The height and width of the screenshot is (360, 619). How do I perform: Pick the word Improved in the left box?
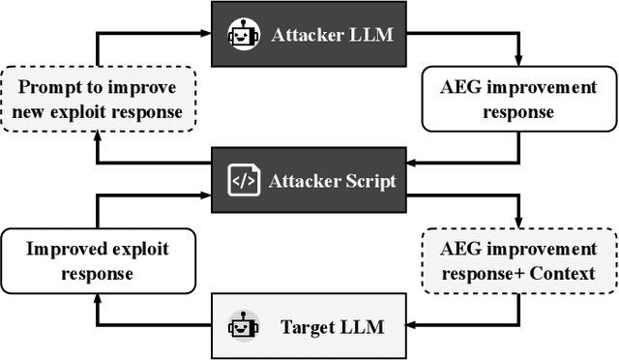(x=63, y=249)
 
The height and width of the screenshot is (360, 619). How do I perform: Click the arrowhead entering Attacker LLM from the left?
(x=205, y=35)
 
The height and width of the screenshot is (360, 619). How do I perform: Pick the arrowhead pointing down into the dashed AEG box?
(x=520, y=224)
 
